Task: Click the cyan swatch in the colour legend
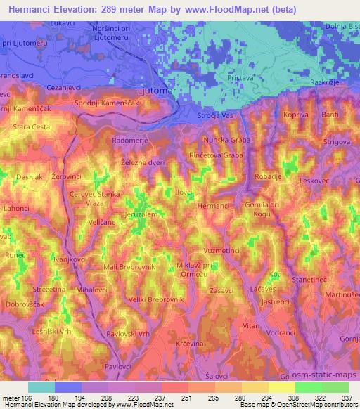(41, 387)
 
